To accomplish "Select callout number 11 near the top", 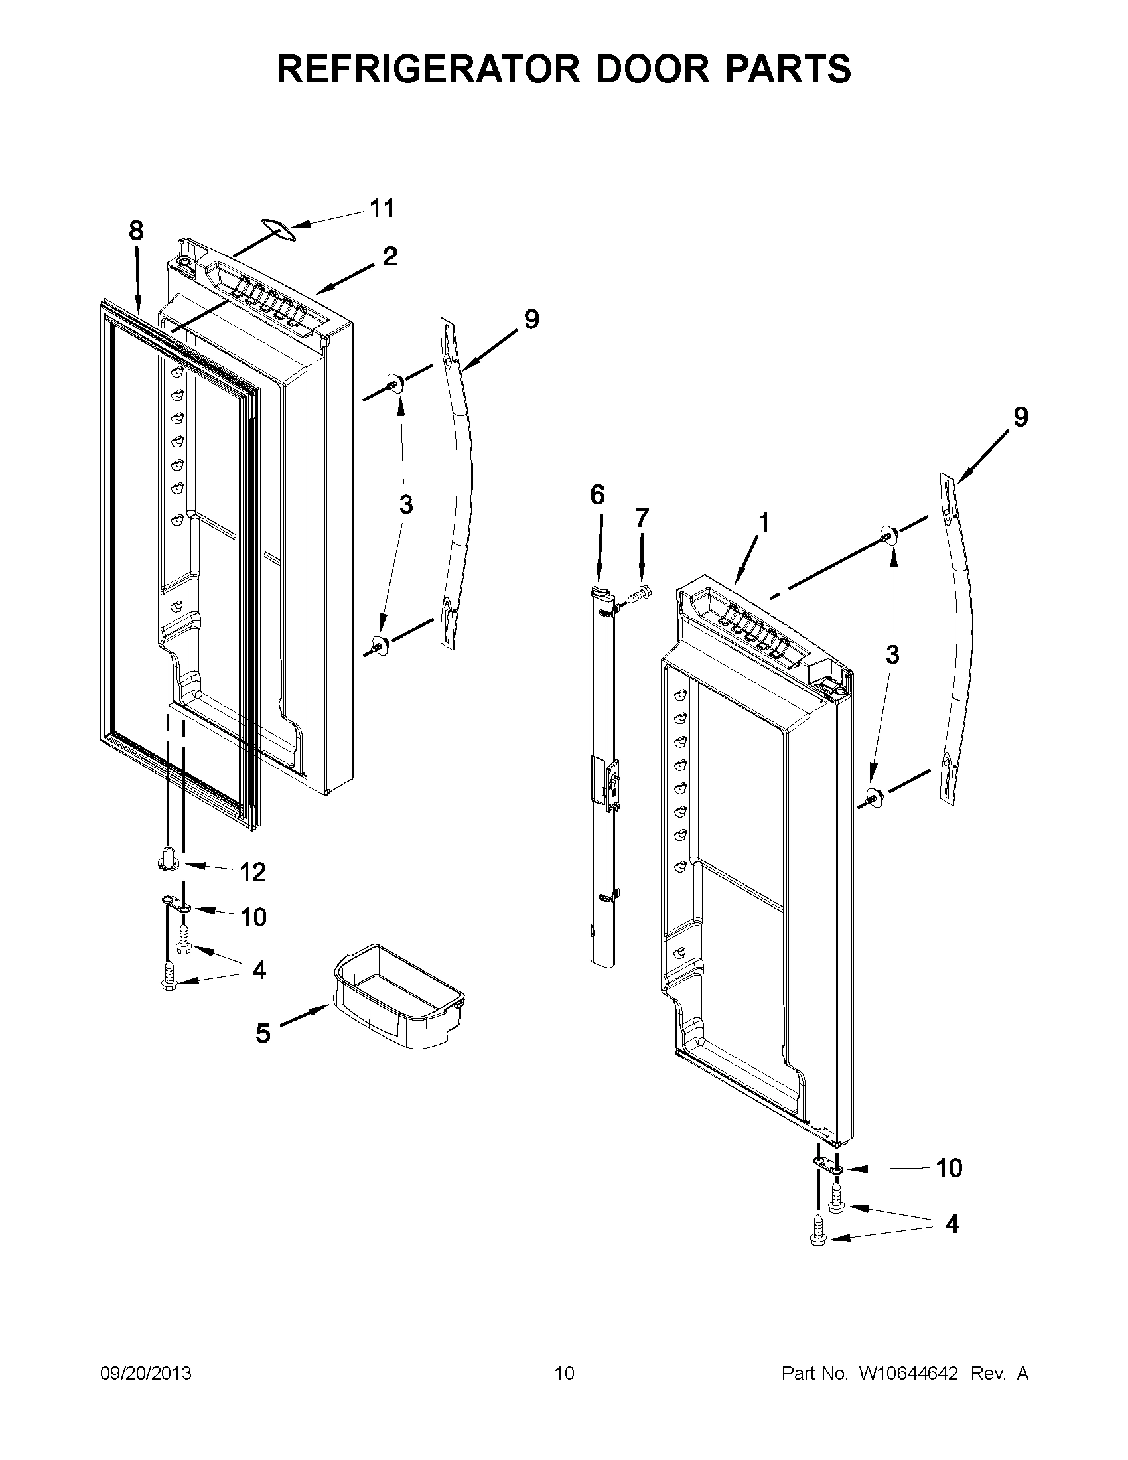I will tap(382, 208).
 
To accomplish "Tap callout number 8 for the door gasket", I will tap(135, 231).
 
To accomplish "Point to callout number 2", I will tap(389, 256).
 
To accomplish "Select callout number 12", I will tap(253, 872).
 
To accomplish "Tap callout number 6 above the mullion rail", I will tap(597, 495).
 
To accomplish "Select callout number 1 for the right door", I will tap(763, 522).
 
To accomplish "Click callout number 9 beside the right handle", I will tap(1021, 417).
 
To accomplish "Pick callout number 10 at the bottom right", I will tap(949, 1168).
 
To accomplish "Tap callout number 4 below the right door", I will tap(952, 1223).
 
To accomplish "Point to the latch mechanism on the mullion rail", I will tap(610, 785).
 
